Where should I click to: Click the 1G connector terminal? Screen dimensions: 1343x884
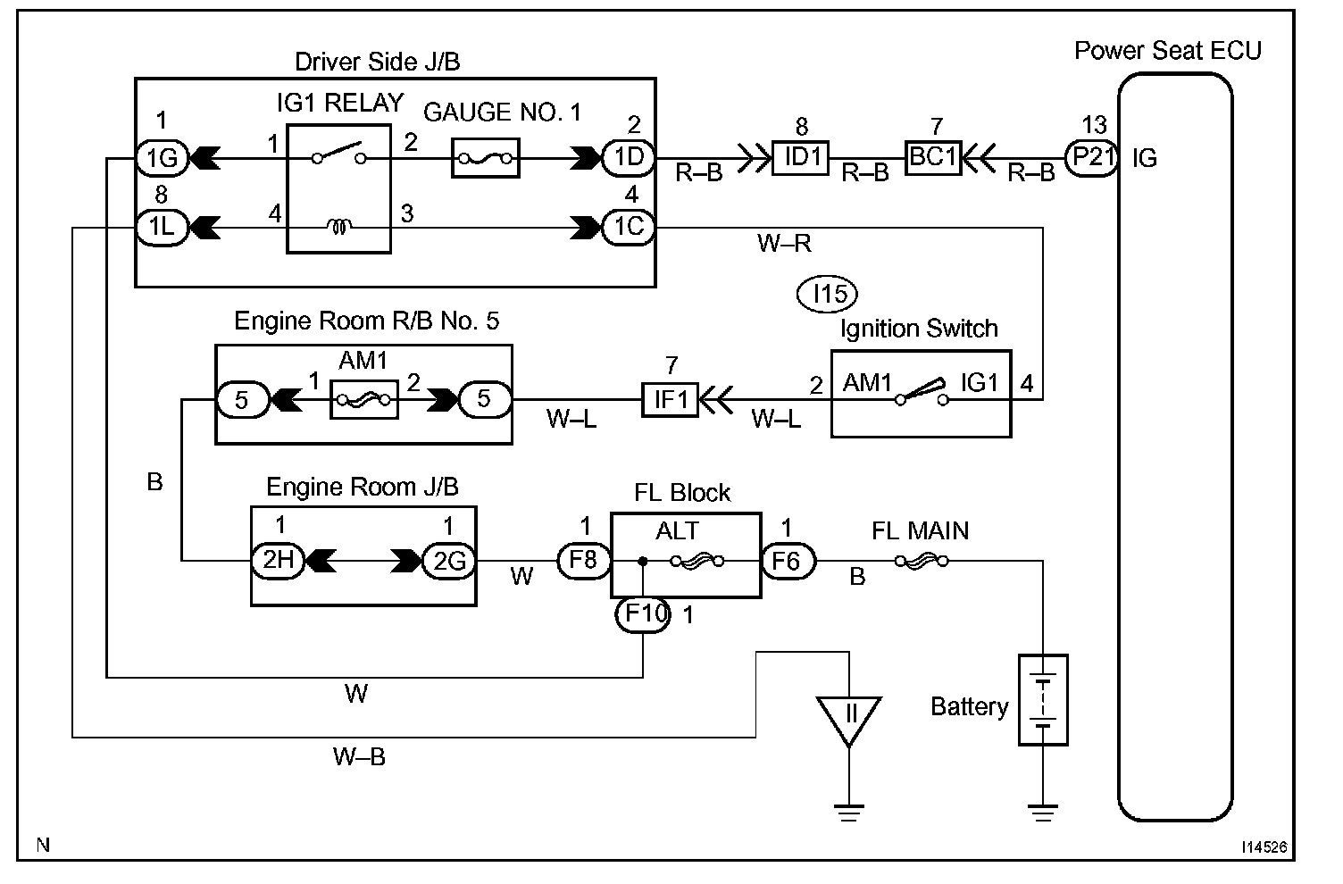163,158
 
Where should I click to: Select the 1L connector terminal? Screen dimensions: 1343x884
163,228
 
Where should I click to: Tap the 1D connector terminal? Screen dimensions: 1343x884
629,158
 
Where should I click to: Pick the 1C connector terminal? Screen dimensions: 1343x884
629,228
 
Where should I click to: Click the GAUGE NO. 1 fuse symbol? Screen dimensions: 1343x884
485,158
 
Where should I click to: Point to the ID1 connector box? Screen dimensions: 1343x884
800,158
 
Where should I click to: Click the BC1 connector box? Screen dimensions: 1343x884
933,158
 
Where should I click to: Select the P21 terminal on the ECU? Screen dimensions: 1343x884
1092,158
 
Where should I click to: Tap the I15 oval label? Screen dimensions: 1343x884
828,294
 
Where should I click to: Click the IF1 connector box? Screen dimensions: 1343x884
670,399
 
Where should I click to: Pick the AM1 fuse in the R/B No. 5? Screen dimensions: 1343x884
364,399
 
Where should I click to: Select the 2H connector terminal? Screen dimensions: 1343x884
279,561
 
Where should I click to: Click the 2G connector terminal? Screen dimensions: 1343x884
449,562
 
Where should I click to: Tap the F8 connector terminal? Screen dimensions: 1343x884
584,561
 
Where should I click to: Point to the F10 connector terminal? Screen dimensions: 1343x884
643,614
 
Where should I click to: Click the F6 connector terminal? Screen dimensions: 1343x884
788,562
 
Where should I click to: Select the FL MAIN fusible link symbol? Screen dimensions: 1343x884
922,562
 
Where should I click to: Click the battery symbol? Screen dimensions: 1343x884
1043,700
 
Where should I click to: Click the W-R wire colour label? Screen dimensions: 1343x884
784,244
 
